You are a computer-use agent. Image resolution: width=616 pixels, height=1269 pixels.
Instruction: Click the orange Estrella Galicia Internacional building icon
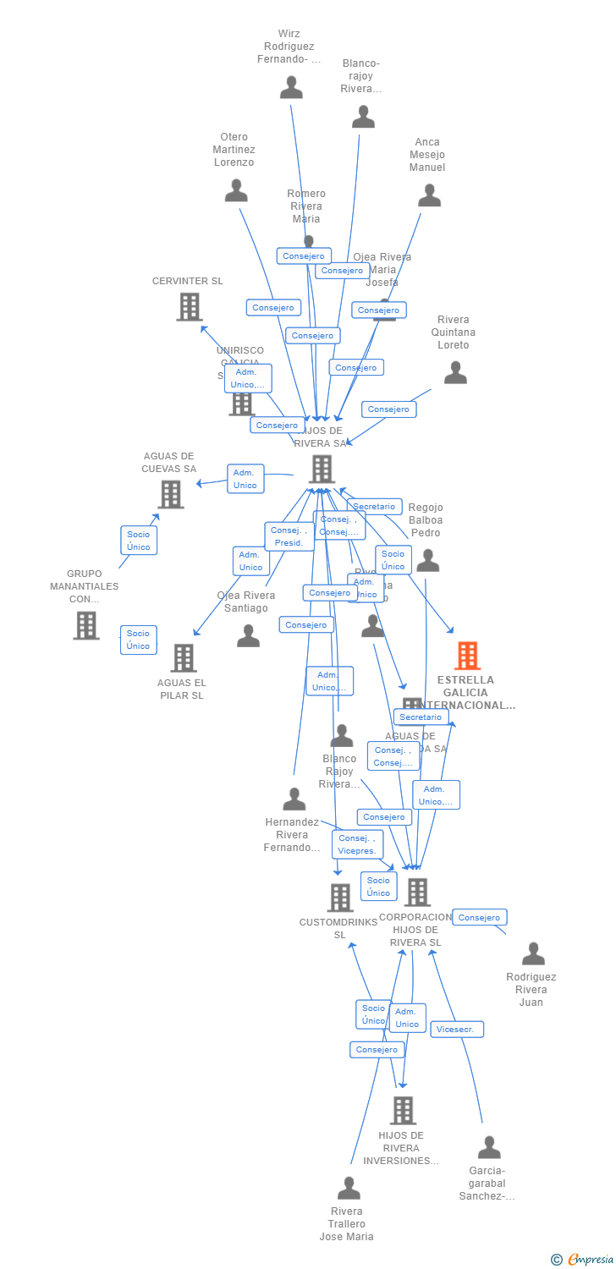[x=467, y=656]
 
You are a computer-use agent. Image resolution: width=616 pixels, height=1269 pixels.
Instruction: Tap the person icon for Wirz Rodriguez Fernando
[x=291, y=87]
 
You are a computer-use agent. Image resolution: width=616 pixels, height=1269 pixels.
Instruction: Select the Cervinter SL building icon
[x=189, y=307]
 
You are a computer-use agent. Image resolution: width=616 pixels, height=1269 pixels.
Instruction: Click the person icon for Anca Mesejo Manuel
[x=429, y=195]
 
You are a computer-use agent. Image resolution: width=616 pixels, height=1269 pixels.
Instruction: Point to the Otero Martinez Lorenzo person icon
[x=236, y=190]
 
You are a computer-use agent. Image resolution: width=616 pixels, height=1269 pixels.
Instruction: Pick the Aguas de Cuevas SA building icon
[x=170, y=494]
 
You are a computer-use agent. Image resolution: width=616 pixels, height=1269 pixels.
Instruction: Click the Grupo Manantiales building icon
[x=85, y=625]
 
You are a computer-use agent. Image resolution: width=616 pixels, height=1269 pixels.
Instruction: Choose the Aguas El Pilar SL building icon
[x=183, y=657]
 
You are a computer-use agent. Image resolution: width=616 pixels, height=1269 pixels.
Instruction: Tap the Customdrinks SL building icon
[x=339, y=898]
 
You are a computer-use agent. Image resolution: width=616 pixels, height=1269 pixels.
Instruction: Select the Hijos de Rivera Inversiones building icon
[x=403, y=1110]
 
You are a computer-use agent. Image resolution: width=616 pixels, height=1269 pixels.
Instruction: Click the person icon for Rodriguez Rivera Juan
[x=533, y=953]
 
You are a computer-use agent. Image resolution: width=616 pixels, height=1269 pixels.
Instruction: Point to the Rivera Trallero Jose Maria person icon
[x=349, y=1189]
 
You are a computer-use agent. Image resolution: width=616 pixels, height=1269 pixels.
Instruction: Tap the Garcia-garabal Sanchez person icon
[x=489, y=1148]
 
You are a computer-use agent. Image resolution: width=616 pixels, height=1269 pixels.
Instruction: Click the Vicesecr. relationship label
[x=457, y=1030]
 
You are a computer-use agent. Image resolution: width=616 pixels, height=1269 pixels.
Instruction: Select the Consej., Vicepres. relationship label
[x=358, y=844]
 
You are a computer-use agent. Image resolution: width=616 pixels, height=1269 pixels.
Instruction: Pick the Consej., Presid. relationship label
[x=289, y=536]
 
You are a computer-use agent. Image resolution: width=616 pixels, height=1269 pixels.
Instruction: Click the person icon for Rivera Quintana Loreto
[x=455, y=372]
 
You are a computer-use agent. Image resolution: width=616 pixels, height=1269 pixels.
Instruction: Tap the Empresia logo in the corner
[x=583, y=1260]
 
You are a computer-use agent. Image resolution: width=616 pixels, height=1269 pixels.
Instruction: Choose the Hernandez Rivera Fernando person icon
[x=294, y=799]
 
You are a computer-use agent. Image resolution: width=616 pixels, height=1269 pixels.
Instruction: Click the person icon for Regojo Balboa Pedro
[x=428, y=560]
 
